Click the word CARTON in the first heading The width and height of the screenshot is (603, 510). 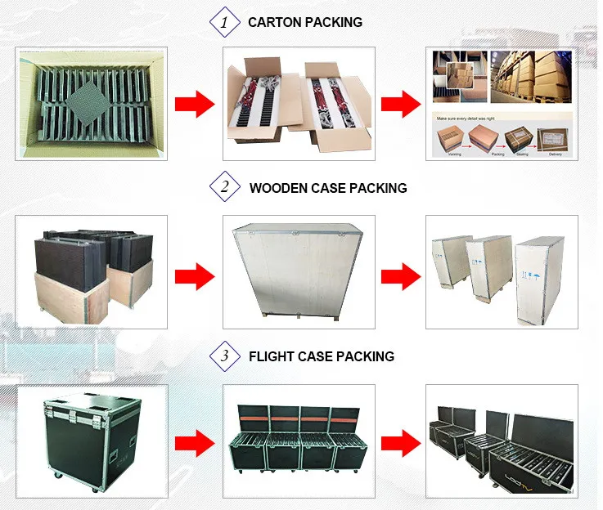point(274,22)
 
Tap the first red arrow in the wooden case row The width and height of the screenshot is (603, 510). point(196,273)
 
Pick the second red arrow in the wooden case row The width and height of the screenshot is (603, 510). point(401,273)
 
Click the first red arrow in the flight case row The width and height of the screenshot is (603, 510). point(196,443)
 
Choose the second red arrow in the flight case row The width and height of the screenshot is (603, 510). point(401,443)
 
